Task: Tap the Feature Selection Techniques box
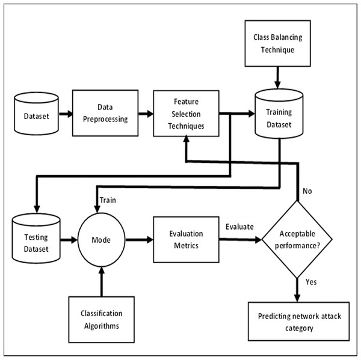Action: tap(186, 112)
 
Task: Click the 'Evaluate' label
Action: tap(239, 227)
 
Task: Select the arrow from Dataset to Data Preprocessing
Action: tap(66, 112)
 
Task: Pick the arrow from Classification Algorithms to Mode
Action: tap(101, 282)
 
